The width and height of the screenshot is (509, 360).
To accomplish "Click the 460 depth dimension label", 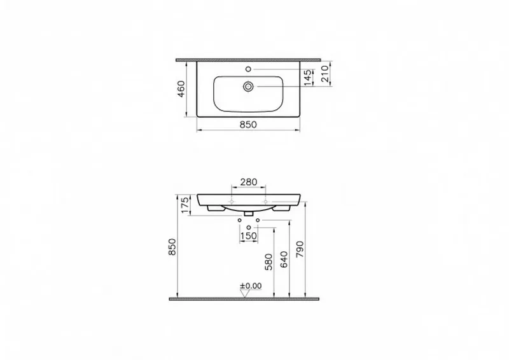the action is coord(181,89).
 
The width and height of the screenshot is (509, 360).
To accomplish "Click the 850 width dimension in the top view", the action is coord(248,125).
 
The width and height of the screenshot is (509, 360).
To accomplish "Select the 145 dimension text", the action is coord(309,78).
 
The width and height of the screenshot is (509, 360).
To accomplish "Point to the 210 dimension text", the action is coord(324,74).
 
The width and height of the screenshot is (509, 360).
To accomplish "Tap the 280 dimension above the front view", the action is coord(248,182).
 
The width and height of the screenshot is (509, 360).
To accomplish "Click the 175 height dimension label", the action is coord(185,205).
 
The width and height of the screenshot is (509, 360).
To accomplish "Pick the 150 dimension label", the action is coord(249,236).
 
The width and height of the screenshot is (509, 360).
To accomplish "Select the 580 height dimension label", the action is coord(268,262).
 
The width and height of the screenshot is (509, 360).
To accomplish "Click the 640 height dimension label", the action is coord(284,259).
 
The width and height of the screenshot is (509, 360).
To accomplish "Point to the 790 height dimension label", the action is coord(300,249).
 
